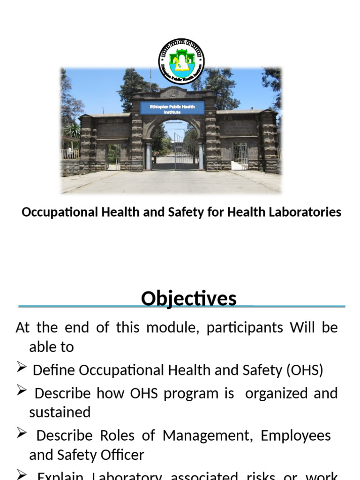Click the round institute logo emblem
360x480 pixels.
(181, 61)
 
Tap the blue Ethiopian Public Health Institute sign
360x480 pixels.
(172, 109)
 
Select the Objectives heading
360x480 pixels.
(188, 299)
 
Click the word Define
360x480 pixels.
(54, 370)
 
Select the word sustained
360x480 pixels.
(60, 412)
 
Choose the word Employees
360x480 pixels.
(296, 435)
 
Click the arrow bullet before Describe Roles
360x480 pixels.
(21, 435)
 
